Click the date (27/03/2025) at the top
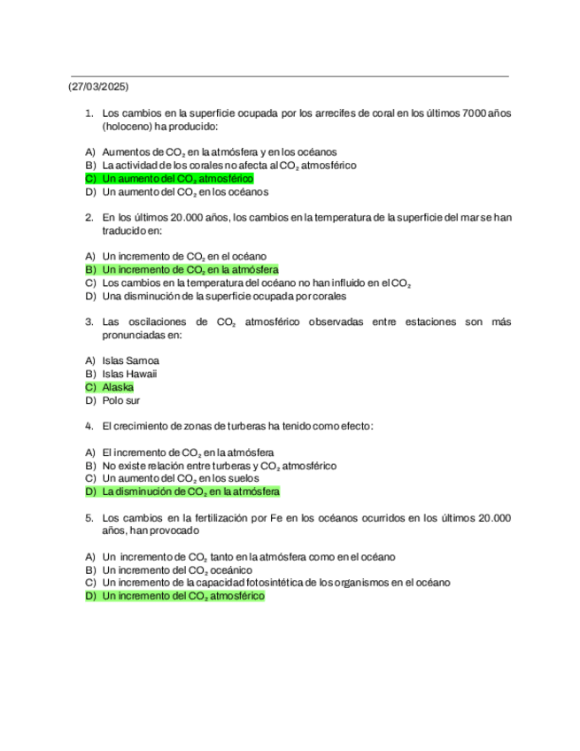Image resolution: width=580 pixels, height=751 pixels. click(99, 87)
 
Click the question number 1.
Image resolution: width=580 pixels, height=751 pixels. click(89, 113)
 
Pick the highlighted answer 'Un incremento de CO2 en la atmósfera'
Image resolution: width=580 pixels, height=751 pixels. click(190, 269)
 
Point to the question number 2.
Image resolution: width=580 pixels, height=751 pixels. click(89, 217)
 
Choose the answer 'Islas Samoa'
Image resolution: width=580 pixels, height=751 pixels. click(130, 360)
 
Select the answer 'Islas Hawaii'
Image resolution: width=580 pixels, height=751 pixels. click(130, 374)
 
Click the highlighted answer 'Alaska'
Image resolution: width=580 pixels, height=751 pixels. click(118, 387)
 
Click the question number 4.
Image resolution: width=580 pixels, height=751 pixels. click(89, 426)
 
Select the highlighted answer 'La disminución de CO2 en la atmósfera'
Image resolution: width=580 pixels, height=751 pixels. click(191, 491)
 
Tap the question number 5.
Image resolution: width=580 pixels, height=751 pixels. click(89, 516)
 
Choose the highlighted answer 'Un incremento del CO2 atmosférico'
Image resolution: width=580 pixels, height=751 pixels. click(183, 596)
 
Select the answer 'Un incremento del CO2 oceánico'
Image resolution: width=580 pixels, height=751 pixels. click(177, 569)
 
